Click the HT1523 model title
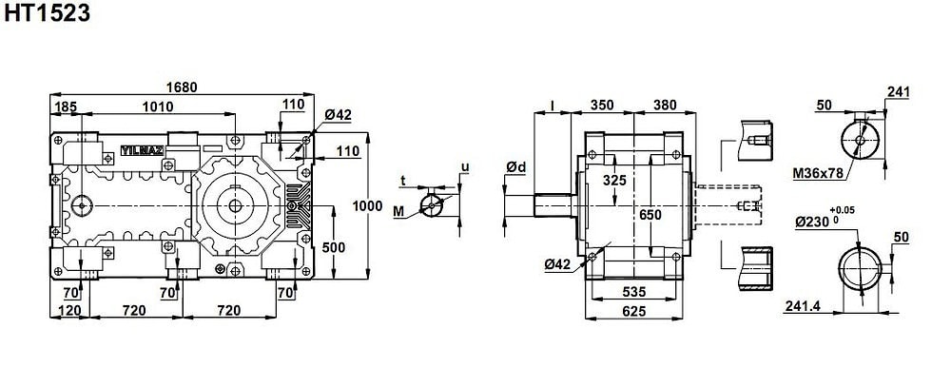pyautogui.click(x=47, y=12)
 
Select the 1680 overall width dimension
pyautogui.click(x=182, y=87)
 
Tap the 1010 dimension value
pyautogui.click(x=158, y=106)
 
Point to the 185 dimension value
pyautogui.click(x=66, y=107)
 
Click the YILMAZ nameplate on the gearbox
pyautogui.click(x=142, y=150)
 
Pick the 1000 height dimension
pyautogui.click(x=367, y=205)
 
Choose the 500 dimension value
pyautogui.click(x=334, y=247)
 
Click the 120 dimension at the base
pyautogui.click(x=69, y=311)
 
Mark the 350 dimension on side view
pyautogui.click(x=602, y=105)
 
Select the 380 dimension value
pyautogui.click(x=666, y=105)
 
